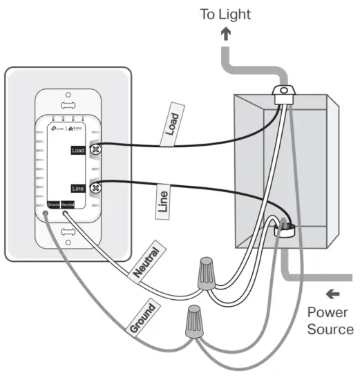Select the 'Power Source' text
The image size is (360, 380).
click(x=330, y=320)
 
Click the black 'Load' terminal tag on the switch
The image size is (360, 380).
click(x=79, y=149)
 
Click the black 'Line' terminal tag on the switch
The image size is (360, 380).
click(x=79, y=187)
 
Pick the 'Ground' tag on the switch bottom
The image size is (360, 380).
click(x=53, y=205)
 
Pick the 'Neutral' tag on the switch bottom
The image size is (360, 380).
click(x=68, y=205)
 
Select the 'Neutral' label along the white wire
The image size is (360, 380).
click(x=149, y=263)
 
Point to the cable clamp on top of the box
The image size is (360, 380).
click(x=281, y=93)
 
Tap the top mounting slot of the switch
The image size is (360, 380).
click(x=68, y=105)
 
